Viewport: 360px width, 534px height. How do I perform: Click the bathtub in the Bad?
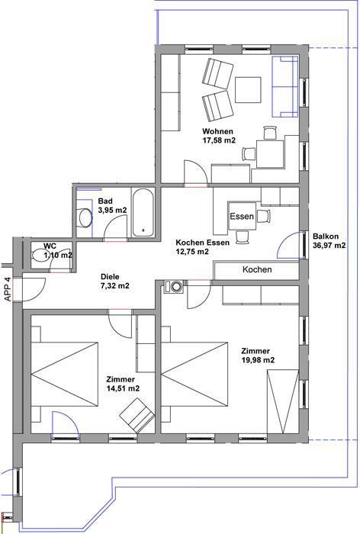click(x=143, y=213)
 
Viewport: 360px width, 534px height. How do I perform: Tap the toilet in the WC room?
click(x=40, y=255)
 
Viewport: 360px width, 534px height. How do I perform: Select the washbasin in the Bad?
click(x=85, y=217)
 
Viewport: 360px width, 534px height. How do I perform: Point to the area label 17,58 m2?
click(x=219, y=140)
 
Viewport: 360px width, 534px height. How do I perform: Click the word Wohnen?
click(x=217, y=131)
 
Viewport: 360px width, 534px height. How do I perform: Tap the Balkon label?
click(x=326, y=236)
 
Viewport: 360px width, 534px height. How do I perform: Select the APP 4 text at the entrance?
click(x=8, y=289)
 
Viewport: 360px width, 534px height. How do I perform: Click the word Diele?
click(x=110, y=277)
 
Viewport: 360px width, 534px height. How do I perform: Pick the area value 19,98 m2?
click(x=258, y=360)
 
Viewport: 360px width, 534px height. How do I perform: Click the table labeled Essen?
click(x=242, y=216)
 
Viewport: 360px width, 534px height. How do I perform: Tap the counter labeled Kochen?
click(x=256, y=270)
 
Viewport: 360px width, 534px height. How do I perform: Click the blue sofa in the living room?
click(x=284, y=86)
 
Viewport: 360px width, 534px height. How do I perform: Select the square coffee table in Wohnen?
click(x=248, y=90)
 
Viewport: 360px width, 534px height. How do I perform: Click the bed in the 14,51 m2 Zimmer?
click(x=64, y=375)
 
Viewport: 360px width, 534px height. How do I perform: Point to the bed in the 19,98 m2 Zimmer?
click(x=194, y=375)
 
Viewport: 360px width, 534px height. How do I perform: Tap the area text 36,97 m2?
click(x=329, y=245)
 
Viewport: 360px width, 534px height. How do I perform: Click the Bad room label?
click(x=105, y=201)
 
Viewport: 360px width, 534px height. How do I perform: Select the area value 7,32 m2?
click(x=114, y=286)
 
